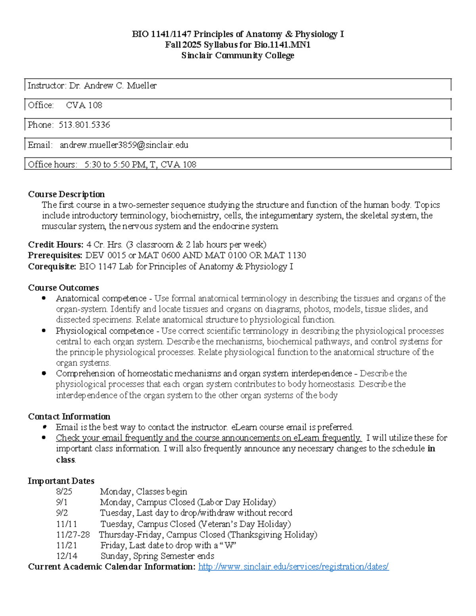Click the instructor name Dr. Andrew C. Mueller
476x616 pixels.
pos(113,85)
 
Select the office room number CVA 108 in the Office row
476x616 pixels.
pos(84,105)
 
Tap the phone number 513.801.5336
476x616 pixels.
pos(84,125)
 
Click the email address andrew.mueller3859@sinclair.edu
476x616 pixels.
pos(124,145)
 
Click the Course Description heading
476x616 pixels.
pos(66,194)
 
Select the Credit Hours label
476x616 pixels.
pos(56,244)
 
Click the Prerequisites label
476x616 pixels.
pos(55,255)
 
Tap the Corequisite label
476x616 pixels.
pos(52,266)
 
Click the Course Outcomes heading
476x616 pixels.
pos(63,288)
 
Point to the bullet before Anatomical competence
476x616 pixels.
pos(44,298)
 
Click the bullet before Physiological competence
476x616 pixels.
pos(44,331)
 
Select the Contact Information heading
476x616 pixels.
pos(69,416)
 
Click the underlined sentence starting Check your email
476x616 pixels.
pos(209,438)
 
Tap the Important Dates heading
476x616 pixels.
pos(61,481)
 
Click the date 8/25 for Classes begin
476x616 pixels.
pos(64,491)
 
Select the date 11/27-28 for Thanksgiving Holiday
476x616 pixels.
pos(73,534)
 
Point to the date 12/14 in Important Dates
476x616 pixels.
pos(67,556)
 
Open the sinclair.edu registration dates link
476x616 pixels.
pos(293,566)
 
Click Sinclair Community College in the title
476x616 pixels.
pos(238,56)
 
